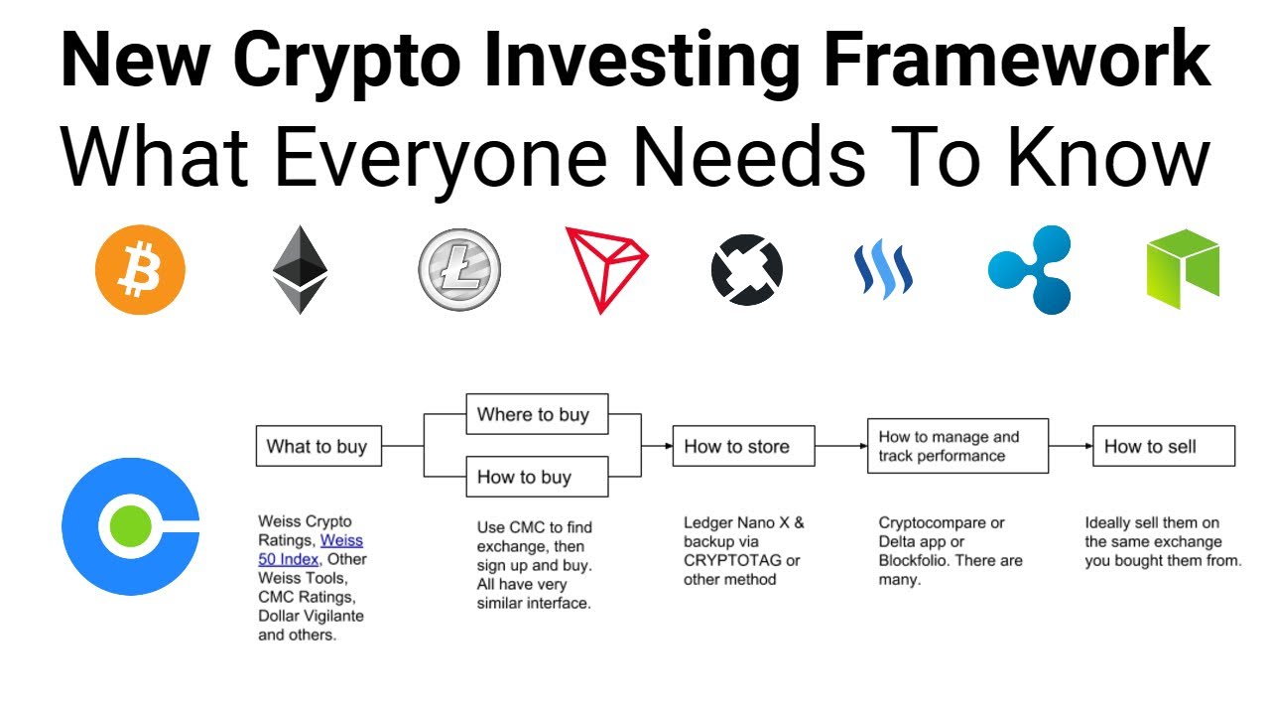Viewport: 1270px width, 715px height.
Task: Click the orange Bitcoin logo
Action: click(140, 270)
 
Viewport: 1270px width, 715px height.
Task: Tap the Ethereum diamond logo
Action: click(300, 270)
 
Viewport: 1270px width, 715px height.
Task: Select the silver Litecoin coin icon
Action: click(459, 270)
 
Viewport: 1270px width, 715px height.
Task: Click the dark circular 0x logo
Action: click(747, 270)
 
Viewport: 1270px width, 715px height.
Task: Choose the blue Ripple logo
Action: click(1031, 269)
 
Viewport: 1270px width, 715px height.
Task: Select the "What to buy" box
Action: click(317, 447)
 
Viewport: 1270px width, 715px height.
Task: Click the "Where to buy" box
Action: click(536, 414)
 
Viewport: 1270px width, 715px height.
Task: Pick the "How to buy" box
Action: click(536, 477)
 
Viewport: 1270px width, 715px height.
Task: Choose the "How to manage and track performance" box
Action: click(956, 446)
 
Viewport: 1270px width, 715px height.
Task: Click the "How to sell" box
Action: click(1163, 447)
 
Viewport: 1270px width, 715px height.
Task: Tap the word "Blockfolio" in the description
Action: click(921, 560)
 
